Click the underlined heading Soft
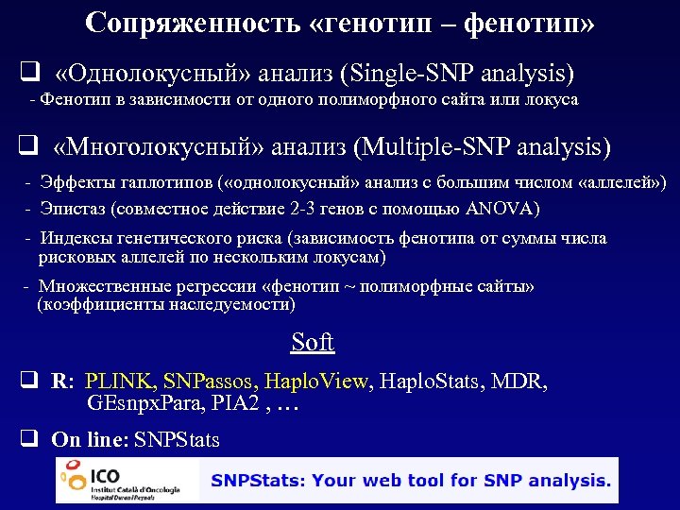[313, 342]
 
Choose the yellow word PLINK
[120, 382]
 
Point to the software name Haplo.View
[316, 382]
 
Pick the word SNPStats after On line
[177, 440]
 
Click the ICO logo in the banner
[127, 481]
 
